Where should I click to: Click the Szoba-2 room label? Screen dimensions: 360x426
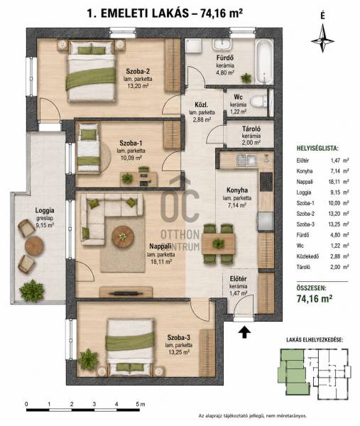click(138, 72)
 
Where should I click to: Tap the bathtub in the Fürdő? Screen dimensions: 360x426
click(263, 62)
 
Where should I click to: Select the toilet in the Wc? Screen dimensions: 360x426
click(258, 102)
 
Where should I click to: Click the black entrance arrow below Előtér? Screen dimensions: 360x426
click(244, 332)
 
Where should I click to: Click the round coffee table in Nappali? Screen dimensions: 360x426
click(123, 237)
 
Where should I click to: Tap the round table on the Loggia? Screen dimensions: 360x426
click(34, 246)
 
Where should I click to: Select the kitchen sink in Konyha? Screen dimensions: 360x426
click(246, 160)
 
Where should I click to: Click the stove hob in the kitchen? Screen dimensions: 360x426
click(266, 182)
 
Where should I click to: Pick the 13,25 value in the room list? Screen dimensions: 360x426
click(334, 224)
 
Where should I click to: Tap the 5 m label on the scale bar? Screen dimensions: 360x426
click(140, 404)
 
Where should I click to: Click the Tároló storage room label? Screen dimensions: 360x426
click(251, 129)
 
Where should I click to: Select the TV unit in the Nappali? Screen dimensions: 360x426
click(126, 292)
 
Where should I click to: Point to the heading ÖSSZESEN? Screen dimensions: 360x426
click(312, 288)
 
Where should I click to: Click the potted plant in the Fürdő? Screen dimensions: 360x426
click(246, 77)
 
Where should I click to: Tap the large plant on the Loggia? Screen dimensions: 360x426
click(32, 290)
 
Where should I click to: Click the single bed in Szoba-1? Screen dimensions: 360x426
click(89, 148)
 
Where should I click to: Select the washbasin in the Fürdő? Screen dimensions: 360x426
click(222, 44)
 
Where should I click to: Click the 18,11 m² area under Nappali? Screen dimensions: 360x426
click(161, 261)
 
